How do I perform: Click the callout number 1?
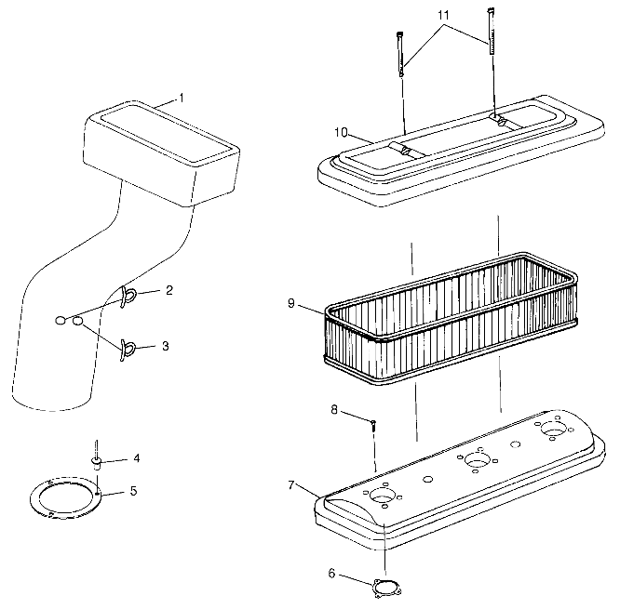coord(182,98)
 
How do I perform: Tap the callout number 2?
coord(168,290)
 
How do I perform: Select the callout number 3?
coord(165,346)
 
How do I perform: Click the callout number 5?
coord(133,490)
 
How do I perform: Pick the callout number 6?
coord(331,574)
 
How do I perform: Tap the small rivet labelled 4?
coord(96,459)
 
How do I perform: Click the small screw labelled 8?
coord(372,425)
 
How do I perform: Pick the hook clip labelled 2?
coord(128,296)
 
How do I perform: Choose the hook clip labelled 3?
coord(127,348)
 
